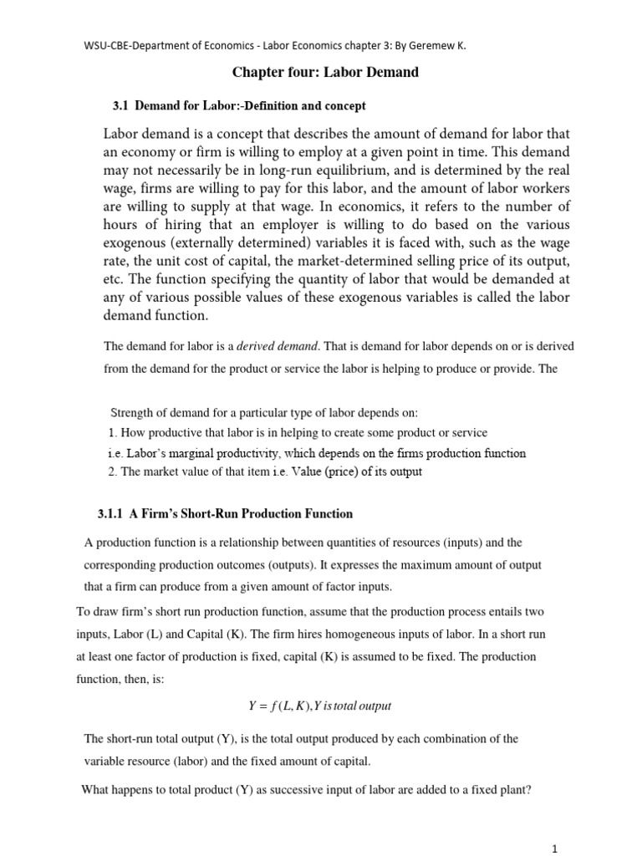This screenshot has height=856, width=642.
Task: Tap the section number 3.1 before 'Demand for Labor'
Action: [122, 106]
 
